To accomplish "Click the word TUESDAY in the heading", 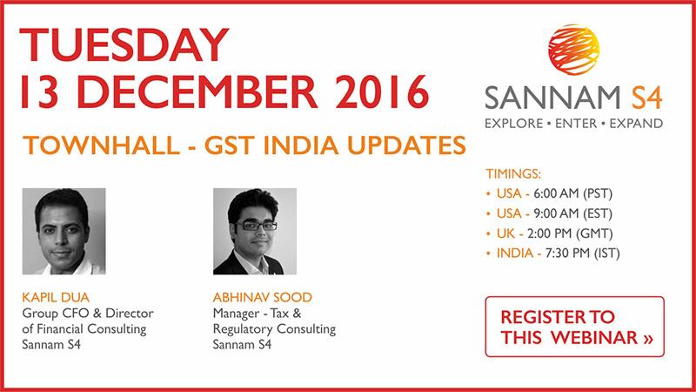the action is pos(124,45).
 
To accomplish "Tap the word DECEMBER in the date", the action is pos(200,92).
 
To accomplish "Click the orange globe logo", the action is pos(573,50).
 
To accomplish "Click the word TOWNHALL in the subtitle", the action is pos(102,145).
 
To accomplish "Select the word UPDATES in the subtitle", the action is pos(406,145).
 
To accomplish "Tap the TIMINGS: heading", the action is pos(513,173).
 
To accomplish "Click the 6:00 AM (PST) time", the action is pos(572,193).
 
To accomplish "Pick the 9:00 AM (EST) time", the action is pos(572,213).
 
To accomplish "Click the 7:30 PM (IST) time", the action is pos(582,253).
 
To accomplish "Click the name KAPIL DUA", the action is pos(56,297).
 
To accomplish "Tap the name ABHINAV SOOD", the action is pos(263,297).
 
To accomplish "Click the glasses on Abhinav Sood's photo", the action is pos(257,226).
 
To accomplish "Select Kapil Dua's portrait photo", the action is pos(64,231).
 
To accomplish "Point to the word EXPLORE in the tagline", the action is pos(514,124).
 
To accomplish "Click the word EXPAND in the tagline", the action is pos(636,124).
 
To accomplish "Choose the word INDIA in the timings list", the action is pos(515,253).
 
